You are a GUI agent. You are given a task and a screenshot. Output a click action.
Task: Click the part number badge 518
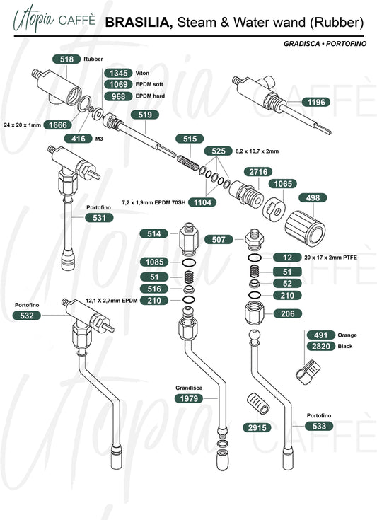[66, 59]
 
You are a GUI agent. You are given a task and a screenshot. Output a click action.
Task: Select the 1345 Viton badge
[118, 73]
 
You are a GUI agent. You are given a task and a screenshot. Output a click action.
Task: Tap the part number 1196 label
[316, 102]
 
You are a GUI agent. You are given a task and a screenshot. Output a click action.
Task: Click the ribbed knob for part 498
[305, 229]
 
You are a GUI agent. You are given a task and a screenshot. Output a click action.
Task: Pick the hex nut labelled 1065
[274, 208]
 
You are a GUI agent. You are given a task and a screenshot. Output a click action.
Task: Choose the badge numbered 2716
[258, 172]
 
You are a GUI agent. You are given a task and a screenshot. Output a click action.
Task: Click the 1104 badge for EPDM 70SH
[202, 202]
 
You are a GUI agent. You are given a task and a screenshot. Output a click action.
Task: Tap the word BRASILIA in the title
[139, 23]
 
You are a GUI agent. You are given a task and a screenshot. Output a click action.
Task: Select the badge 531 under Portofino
[99, 218]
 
